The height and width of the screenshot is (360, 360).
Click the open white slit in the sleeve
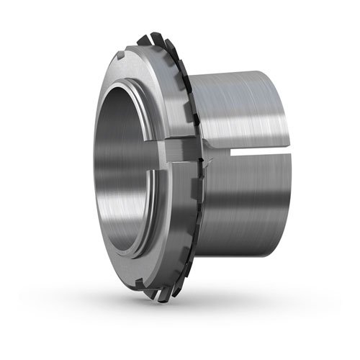(252, 152)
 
